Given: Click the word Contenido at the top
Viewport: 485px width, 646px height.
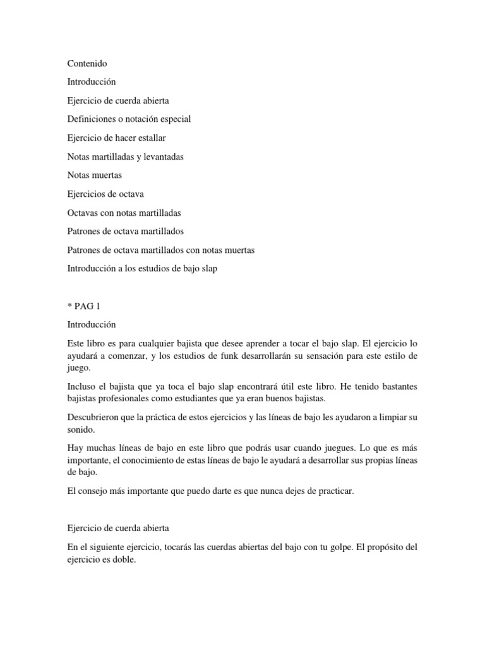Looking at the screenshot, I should (87, 64).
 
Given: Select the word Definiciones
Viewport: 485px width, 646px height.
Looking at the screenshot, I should (92, 119).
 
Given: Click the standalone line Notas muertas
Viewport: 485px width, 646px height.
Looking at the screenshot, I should (94, 175).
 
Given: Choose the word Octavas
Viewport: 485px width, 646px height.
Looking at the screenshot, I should (82, 213).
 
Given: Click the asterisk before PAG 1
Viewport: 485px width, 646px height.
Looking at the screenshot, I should (69, 306).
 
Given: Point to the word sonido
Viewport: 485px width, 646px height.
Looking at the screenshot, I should (81, 430).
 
